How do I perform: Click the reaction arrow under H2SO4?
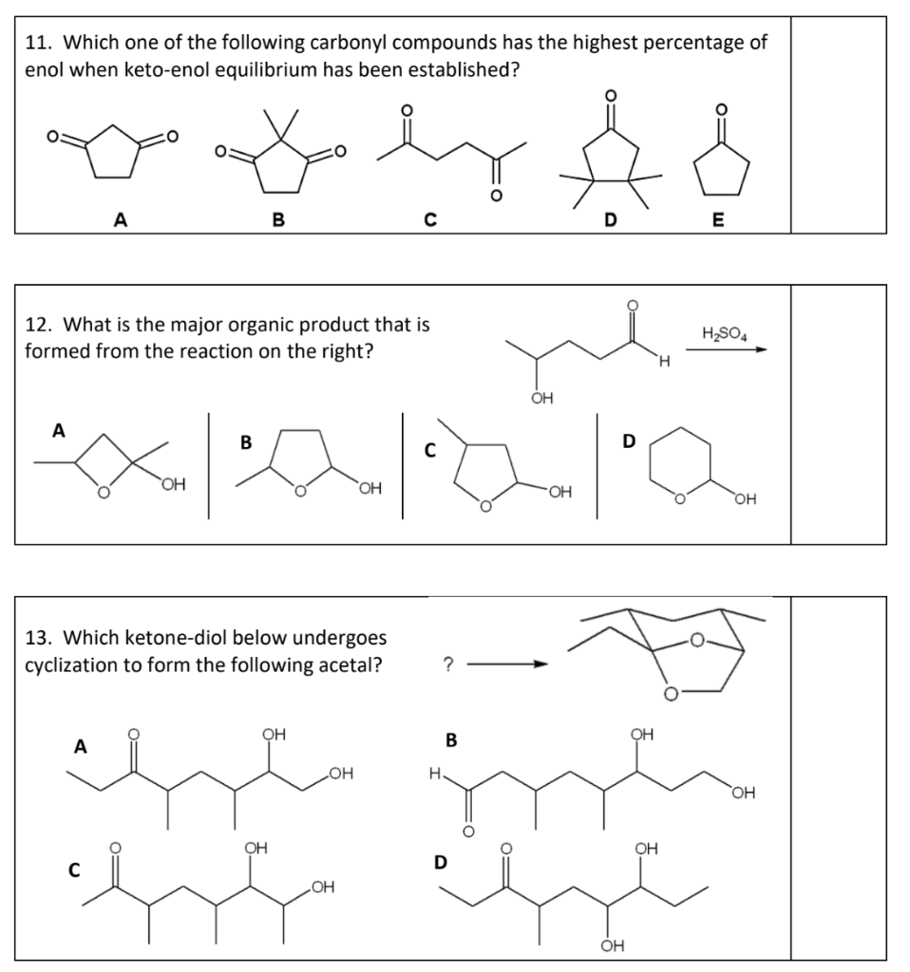point(726,349)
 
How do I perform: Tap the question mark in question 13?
point(447,663)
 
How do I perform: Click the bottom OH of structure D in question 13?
point(612,944)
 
